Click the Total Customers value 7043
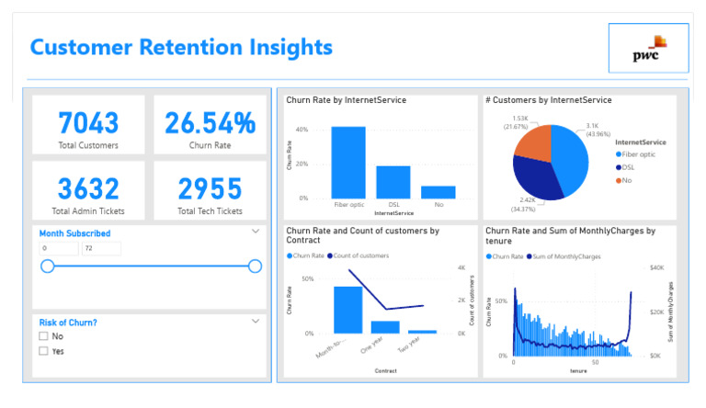[88, 123]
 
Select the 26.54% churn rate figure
[210, 123]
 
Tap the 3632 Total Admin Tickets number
[88, 188]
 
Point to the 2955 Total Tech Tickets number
[210, 188]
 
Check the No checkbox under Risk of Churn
[43, 336]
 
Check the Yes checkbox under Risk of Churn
[43, 351]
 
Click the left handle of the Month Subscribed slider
[47, 266]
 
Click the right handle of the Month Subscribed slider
[255, 266]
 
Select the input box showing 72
[100, 249]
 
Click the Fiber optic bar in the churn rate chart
[348, 163]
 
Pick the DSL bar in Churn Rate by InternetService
[393, 182]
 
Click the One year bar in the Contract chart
[385, 326]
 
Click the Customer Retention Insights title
[181, 47]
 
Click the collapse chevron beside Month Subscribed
[256, 232]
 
